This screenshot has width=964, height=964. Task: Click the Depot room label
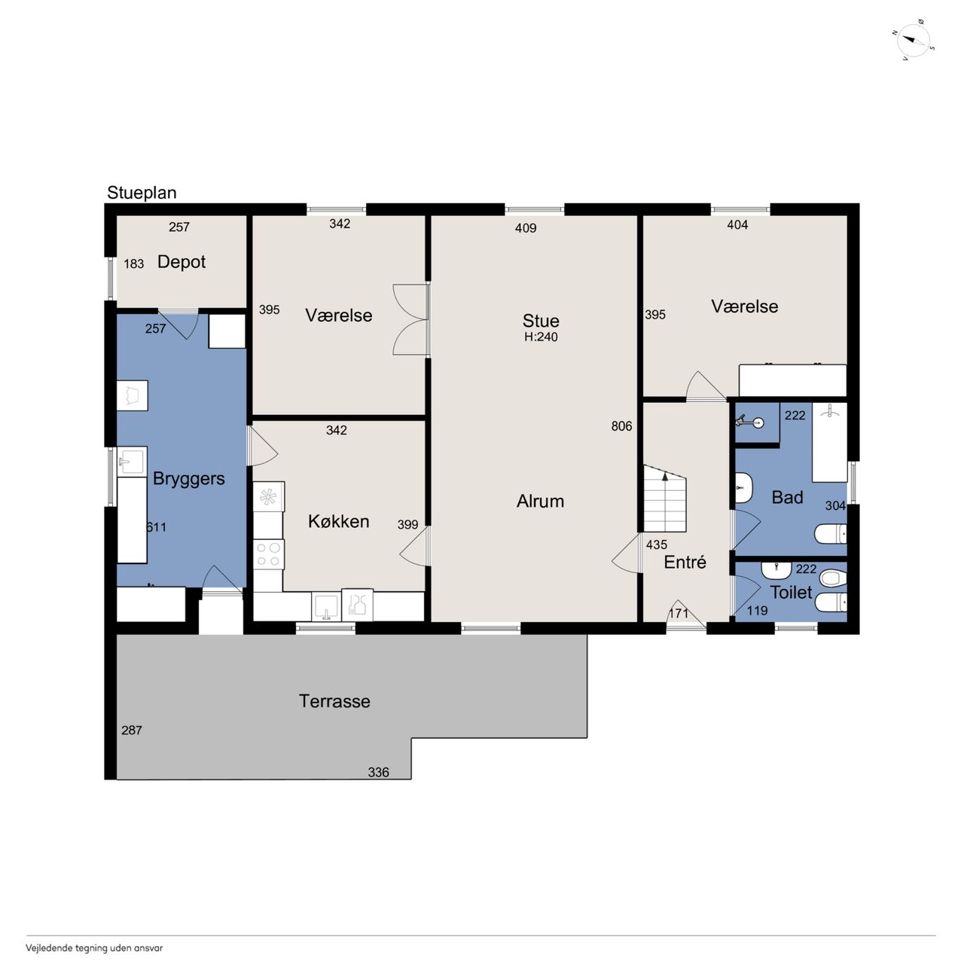point(181,262)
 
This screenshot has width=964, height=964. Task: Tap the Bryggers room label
point(188,479)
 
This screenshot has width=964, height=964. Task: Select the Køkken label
point(339,522)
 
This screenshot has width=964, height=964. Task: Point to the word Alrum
point(540,502)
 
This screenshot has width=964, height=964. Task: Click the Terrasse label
point(334,701)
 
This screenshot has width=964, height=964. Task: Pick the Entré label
point(685,562)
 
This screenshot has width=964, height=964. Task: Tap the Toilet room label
point(791,592)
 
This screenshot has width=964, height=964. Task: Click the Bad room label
point(788,497)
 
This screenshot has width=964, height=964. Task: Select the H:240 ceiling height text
point(541,337)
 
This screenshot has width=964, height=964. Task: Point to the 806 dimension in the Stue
point(621,426)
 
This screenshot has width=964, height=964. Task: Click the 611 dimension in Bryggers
point(156,526)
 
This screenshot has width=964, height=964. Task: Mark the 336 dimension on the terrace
point(378,773)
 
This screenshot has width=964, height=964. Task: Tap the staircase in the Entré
point(665,499)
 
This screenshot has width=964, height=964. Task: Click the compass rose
point(914,41)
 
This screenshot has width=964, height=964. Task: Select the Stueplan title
point(142,193)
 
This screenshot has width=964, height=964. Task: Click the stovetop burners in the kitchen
point(269,554)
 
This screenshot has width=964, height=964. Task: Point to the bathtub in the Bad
point(829,442)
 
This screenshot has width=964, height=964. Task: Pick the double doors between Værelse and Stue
point(411,319)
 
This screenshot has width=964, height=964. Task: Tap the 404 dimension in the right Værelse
point(737,225)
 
